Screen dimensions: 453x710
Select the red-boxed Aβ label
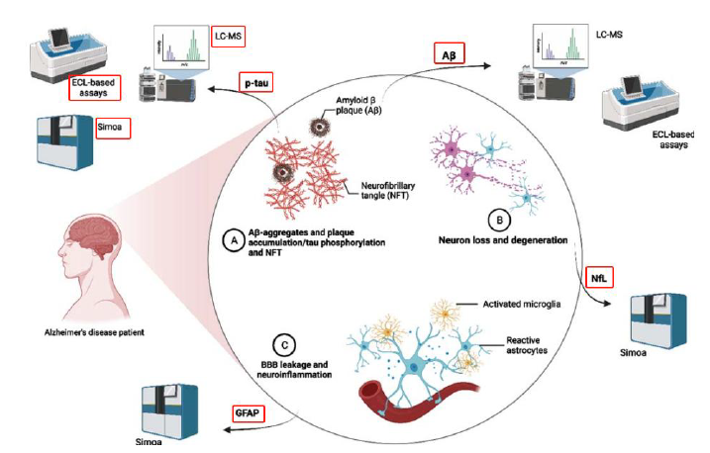[x=449, y=54]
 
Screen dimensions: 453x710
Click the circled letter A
[x=233, y=239]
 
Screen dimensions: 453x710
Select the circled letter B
[x=503, y=221]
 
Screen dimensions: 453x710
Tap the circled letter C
[x=284, y=346]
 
